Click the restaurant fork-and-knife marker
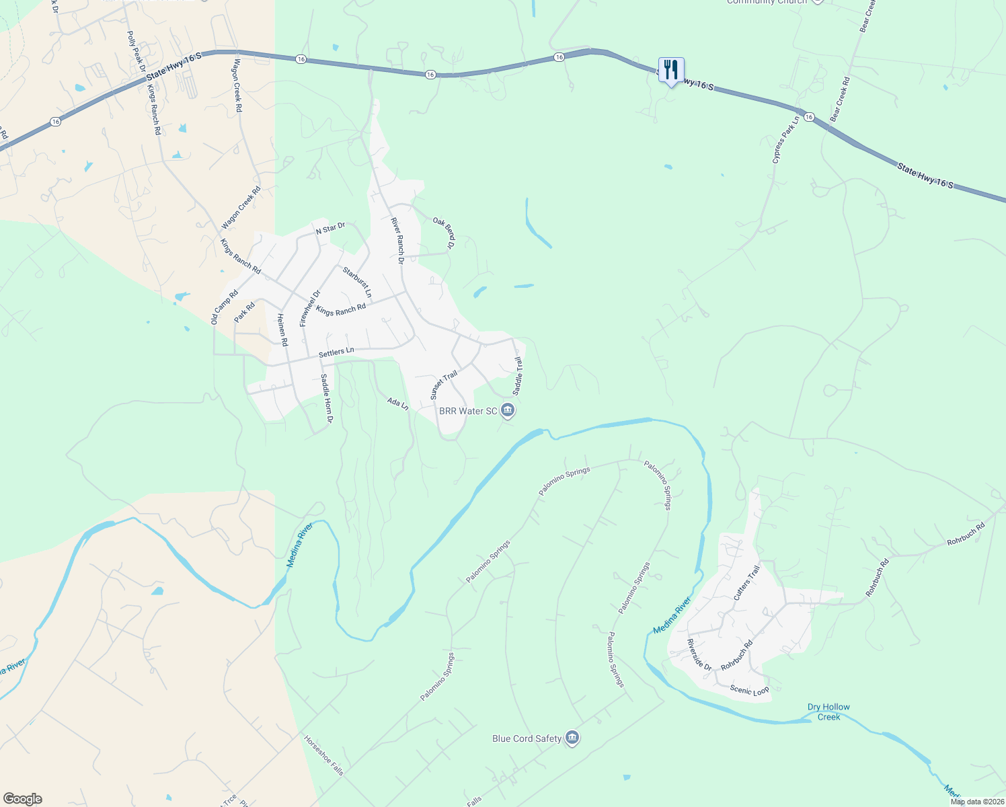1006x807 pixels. [x=670, y=70]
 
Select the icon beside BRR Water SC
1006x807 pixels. [x=508, y=410]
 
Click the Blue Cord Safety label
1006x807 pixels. [x=527, y=738]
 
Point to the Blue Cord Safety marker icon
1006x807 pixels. [x=572, y=738]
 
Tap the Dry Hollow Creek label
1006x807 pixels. [x=828, y=712]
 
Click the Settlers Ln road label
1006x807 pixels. [x=336, y=352]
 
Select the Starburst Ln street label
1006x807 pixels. [x=356, y=282]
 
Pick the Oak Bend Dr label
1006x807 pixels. [x=444, y=232]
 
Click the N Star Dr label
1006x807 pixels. [x=330, y=228]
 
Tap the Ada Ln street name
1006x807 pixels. [x=398, y=403]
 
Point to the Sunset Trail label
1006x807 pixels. [x=444, y=385]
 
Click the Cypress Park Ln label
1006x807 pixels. [x=785, y=140]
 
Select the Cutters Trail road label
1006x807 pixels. [x=746, y=582]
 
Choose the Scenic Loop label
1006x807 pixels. [x=749, y=690]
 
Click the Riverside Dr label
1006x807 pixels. [x=699, y=654]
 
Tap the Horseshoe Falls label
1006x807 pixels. [x=324, y=755]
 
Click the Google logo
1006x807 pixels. [x=23, y=799]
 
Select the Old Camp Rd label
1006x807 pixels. [x=225, y=307]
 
